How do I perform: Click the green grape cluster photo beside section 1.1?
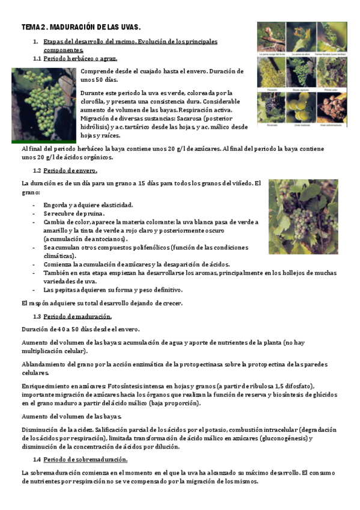click(x=44, y=102)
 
